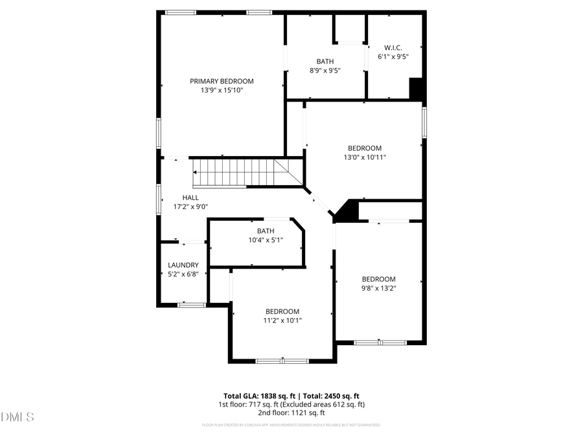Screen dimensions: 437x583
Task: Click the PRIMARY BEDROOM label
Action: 222,81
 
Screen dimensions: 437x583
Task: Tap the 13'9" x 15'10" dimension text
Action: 222,91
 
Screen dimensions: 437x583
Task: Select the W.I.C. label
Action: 393,47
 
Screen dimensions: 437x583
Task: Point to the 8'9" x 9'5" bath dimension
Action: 325,71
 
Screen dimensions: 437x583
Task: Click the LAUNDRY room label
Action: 183,265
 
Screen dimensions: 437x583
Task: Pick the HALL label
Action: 190,197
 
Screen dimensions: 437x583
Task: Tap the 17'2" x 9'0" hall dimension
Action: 190,207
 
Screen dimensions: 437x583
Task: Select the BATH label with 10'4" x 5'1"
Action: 266,231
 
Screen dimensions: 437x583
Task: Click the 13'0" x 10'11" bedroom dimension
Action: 365,157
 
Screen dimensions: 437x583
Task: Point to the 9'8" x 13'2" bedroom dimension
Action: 378,288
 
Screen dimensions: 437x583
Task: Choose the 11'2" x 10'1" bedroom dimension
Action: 282,320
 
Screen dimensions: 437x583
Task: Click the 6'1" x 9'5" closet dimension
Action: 393,56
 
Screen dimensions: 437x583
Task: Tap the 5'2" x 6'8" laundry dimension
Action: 183,274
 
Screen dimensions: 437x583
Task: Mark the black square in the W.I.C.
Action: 417,88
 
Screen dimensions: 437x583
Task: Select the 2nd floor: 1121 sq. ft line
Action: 291,412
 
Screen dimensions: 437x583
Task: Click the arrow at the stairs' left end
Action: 195,172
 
